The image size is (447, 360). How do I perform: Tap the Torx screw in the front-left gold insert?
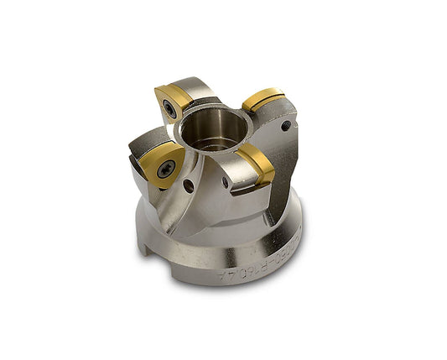pos(162,165)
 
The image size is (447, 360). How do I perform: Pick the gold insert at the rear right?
pos(262,100)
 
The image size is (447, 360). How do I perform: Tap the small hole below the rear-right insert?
pos(288,126)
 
